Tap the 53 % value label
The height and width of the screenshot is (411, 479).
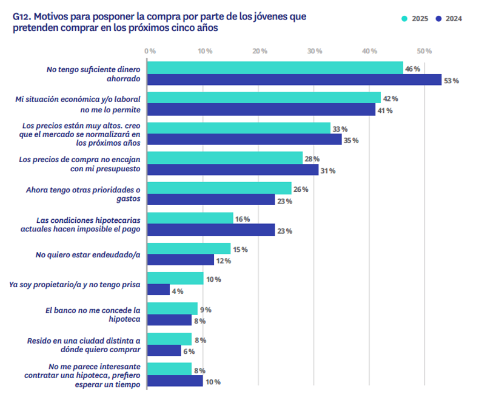[452, 81]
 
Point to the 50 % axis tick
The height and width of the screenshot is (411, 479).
[424, 50]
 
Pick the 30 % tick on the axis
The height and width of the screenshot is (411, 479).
[314, 50]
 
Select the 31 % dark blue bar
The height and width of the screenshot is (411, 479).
[233, 170]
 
